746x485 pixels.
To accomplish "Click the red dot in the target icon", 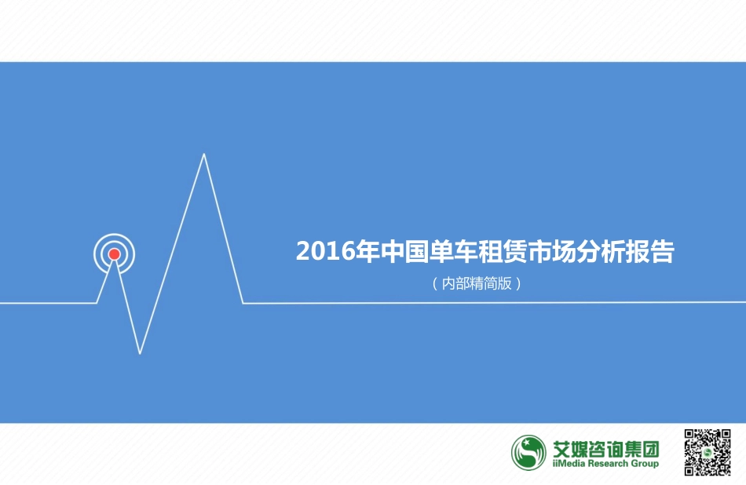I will (x=114, y=253).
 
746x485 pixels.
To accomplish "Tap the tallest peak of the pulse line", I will (x=204, y=155).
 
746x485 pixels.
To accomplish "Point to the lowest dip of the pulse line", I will (x=140, y=352).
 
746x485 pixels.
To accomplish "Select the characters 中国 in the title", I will (x=404, y=252).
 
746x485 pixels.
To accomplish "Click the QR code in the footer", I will (x=708, y=452).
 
